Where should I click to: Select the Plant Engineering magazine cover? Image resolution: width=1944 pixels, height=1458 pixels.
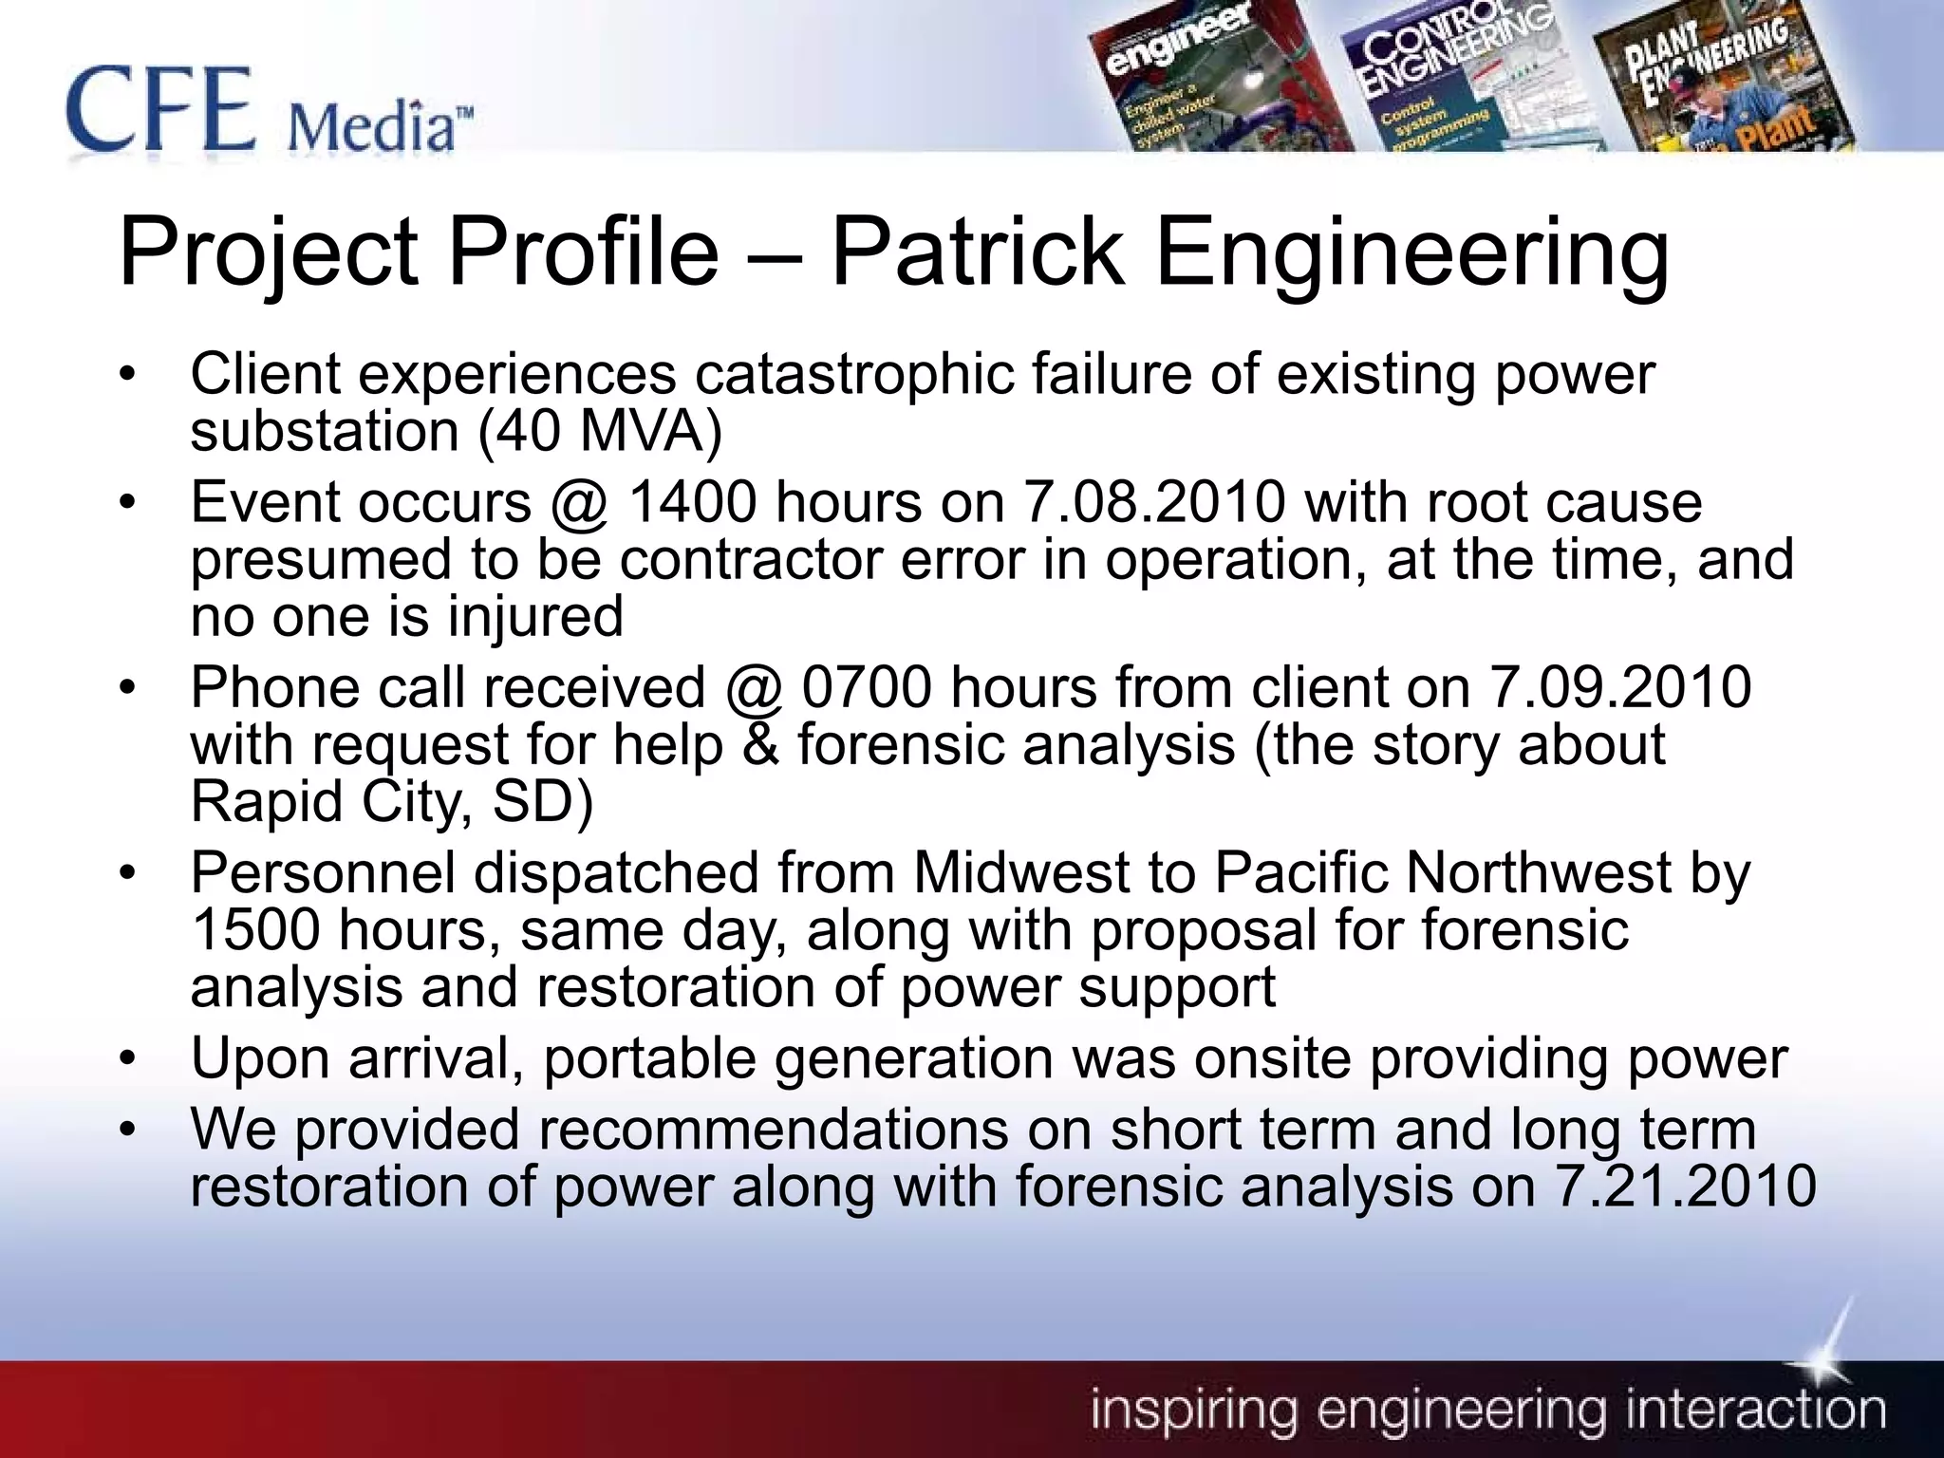(x=1718, y=81)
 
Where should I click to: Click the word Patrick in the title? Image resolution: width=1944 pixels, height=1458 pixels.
(x=978, y=252)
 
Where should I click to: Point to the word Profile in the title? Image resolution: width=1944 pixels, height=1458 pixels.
(x=583, y=252)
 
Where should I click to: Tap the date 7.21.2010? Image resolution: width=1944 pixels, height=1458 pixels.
(x=1685, y=1186)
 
